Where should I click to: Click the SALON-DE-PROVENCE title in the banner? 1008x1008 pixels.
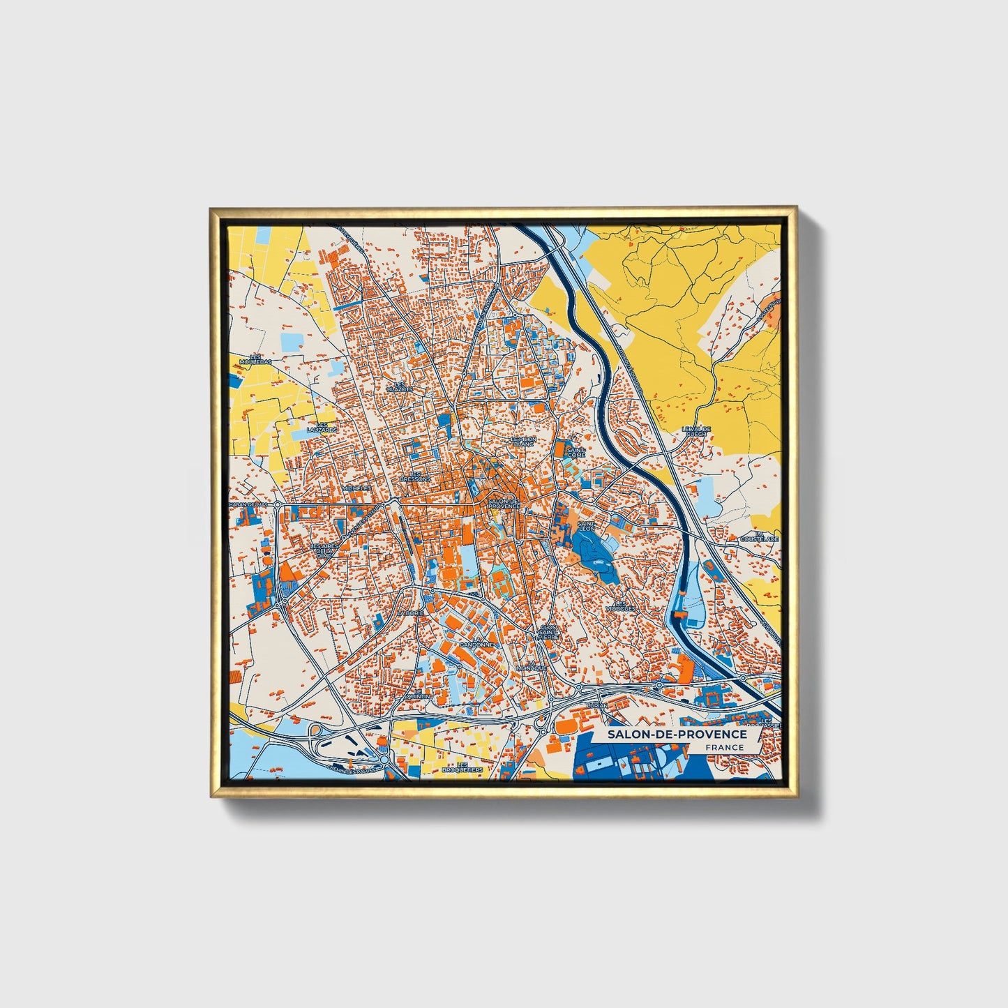click(676, 735)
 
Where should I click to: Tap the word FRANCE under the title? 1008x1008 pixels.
click(724, 748)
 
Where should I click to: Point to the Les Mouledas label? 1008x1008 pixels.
click(255, 359)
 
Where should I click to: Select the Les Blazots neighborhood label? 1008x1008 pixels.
click(399, 386)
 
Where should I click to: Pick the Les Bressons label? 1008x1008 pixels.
click(416, 476)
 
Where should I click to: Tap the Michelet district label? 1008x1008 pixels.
click(356, 488)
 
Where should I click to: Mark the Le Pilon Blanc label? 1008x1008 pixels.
click(522, 442)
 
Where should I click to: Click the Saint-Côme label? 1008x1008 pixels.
click(576, 453)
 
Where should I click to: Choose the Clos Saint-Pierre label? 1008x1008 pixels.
click(549, 632)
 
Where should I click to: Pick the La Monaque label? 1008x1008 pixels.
click(532, 665)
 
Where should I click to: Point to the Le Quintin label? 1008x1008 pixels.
click(419, 696)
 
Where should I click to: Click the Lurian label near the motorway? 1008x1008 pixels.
click(598, 706)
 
